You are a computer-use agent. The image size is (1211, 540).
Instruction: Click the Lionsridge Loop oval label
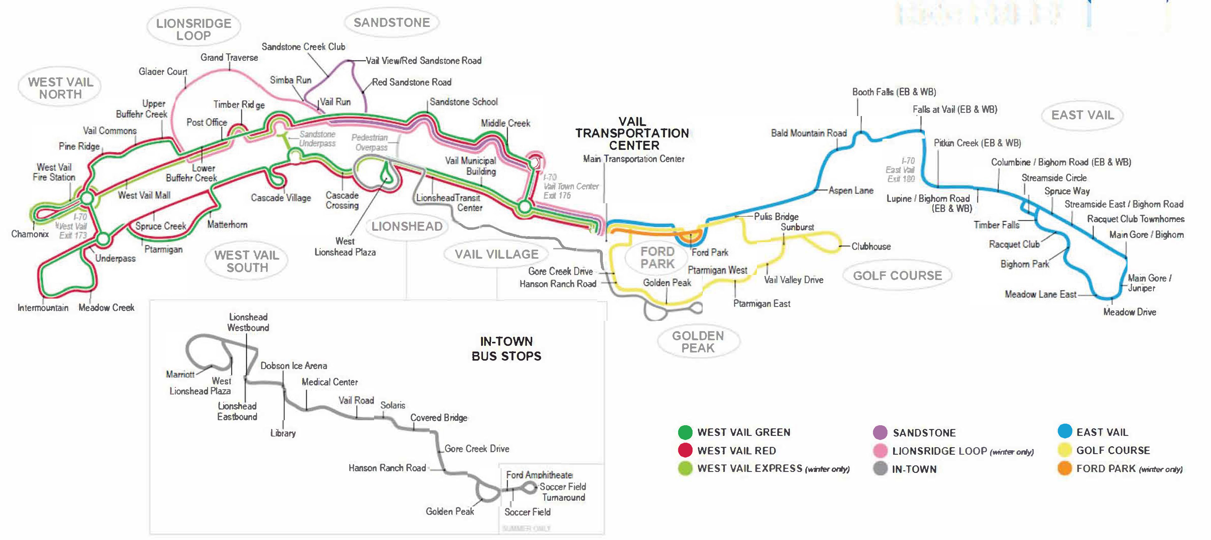point(194,29)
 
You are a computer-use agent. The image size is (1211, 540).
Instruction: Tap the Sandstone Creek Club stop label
point(303,46)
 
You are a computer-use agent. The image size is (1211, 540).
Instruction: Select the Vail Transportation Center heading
point(632,134)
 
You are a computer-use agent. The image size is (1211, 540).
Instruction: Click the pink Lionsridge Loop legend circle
point(880,451)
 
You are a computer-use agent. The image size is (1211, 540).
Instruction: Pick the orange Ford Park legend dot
point(1064,469)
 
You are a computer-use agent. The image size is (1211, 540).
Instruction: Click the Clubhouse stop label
point(871,246)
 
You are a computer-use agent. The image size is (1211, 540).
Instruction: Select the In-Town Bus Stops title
point(506,348)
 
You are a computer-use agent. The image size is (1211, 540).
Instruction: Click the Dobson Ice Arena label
point(294,366)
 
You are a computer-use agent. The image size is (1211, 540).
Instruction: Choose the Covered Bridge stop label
point(439,418)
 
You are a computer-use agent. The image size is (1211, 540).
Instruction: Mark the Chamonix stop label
point(29,234)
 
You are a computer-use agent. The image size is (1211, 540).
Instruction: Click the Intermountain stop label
point(43,308)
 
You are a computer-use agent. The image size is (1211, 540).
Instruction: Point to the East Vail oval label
point(1082,115)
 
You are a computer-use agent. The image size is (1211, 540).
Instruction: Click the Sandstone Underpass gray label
point(317,139)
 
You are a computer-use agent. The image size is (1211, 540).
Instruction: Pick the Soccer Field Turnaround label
point(563,492)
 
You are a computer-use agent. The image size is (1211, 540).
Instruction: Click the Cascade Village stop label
point(281,198)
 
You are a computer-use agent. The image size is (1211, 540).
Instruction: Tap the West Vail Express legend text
point(773,469)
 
